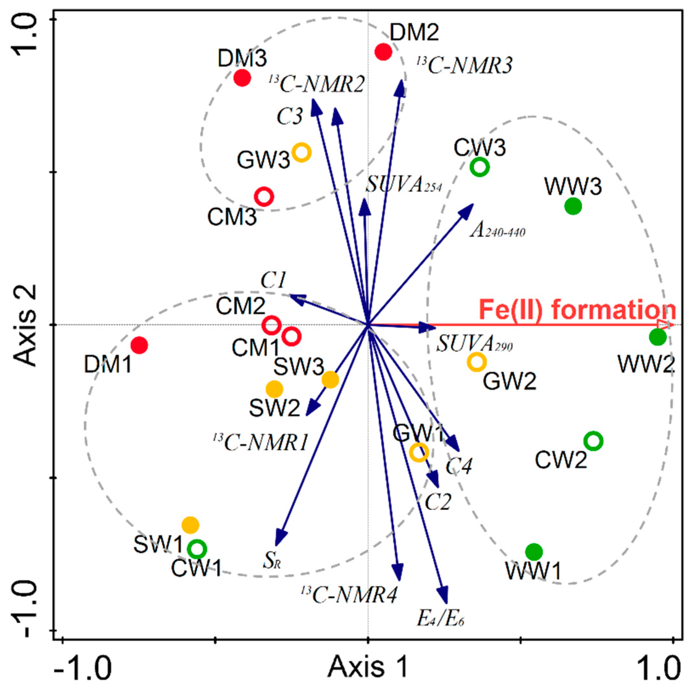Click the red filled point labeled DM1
tap(139, 345)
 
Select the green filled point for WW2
tap(657, 337)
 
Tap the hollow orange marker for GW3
tap(302, 152)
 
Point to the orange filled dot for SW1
tap(190, 525)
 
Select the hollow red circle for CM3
tap(264, 196)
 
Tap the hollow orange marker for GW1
tap(418, 452)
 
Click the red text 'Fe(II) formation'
tap(577, 310)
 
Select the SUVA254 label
tap(404, 186)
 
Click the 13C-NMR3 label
tap(465, 66)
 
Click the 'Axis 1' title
tap(369, 667)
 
